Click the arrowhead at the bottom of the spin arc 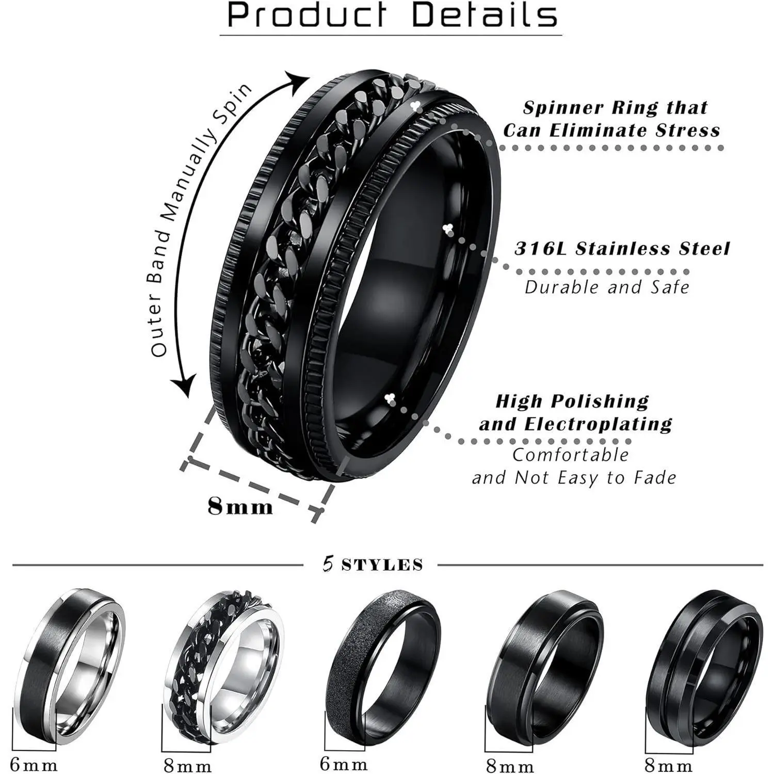[x=184, y=385]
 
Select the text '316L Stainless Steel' [x=622, y=249]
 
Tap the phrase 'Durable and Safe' [x=607, y=287]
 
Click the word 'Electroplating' [x=599, y=424]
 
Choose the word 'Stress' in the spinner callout [x=688, y=130]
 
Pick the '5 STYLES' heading [x=373, y=565]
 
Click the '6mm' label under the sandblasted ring [x=344, y=764]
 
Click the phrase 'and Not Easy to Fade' [x=574, y=478]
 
